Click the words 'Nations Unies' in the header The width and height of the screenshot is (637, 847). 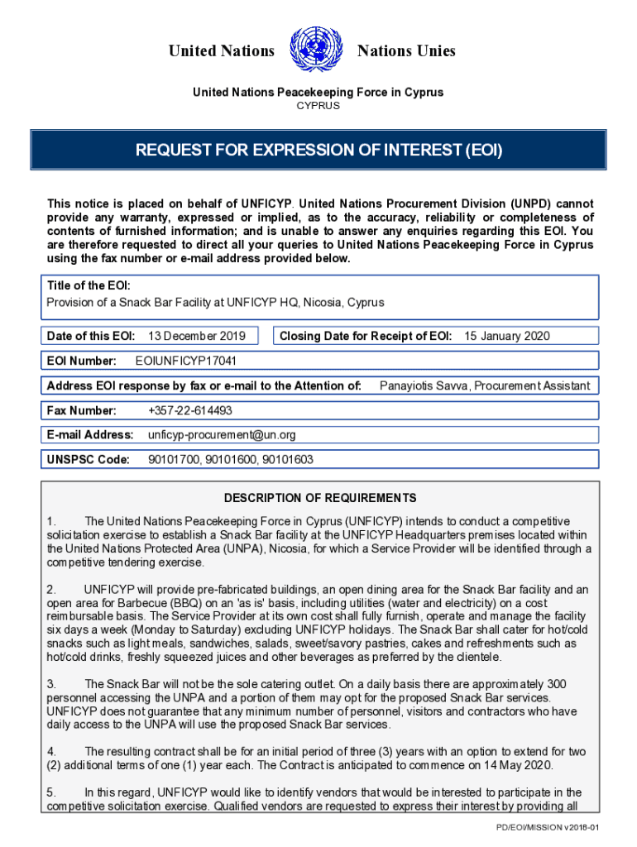[406, 51]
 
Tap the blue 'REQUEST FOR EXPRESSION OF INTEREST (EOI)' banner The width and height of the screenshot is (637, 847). [319, 151]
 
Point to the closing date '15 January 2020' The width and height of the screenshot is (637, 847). [506, 336]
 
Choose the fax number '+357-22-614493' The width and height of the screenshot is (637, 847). [189, 410]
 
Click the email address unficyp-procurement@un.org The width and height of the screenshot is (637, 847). [222, 435]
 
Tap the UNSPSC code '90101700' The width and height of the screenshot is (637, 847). [173, 460]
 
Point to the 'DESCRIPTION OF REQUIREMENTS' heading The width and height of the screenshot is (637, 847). [320, 498]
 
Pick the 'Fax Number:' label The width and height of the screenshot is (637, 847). [82, 410]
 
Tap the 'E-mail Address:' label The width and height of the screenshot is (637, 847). [90, 435]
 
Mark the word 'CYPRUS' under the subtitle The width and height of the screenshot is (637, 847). [318, 106]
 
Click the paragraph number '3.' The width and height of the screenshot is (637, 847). [51, 684]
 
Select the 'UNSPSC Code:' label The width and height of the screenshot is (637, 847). [89, 460]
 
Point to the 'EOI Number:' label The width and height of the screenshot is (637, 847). [81, 361]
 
